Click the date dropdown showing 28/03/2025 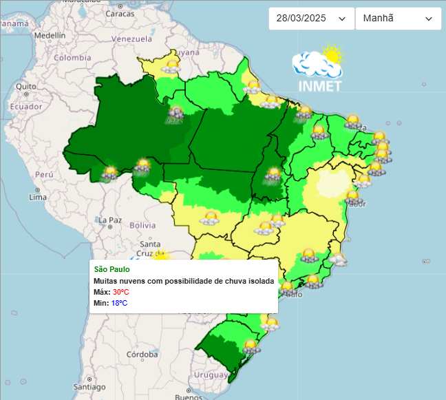pos(310,19)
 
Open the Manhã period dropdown pos(398,19)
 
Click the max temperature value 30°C pos(120,292)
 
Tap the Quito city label pos(26,86)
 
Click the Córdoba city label pos(142,355)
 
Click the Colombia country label pos(73,58)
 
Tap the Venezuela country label pos(130,39)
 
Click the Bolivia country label pos(142,225)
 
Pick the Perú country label pos(45,175)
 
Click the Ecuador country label pos(27,107)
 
